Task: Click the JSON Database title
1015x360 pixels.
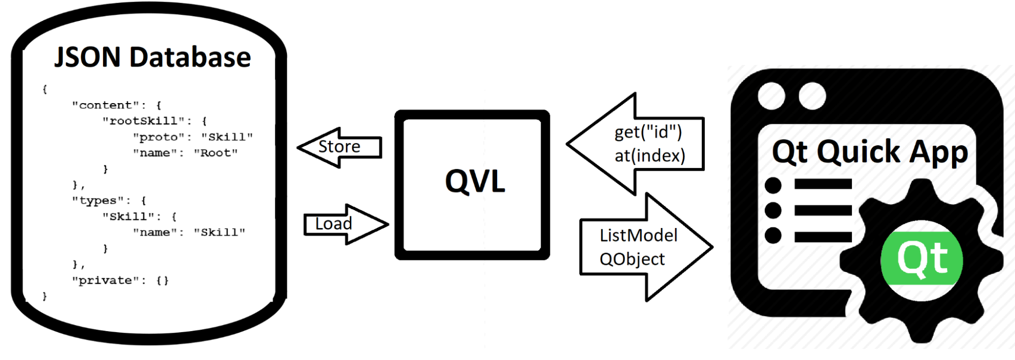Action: (152, 57)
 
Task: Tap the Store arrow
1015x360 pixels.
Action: (339, 147)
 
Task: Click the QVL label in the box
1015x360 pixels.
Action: (475, 181)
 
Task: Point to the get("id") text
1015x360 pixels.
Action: (648, 133)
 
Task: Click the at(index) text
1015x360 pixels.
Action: (649, 156)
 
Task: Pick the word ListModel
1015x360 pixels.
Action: (638, 236)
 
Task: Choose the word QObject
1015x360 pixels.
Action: (632, 259)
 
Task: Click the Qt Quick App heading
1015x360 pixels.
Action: (869, 152)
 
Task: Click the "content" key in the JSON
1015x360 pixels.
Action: (106, 105)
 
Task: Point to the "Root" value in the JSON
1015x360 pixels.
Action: (215, 153)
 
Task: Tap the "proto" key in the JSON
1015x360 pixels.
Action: (159, 137)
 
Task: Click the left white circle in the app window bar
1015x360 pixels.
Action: (771, 95)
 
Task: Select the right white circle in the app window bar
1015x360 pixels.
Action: (811, 95)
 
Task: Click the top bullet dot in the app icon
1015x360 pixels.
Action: (773, 185)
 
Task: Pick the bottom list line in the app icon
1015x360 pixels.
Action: (823, 236)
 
